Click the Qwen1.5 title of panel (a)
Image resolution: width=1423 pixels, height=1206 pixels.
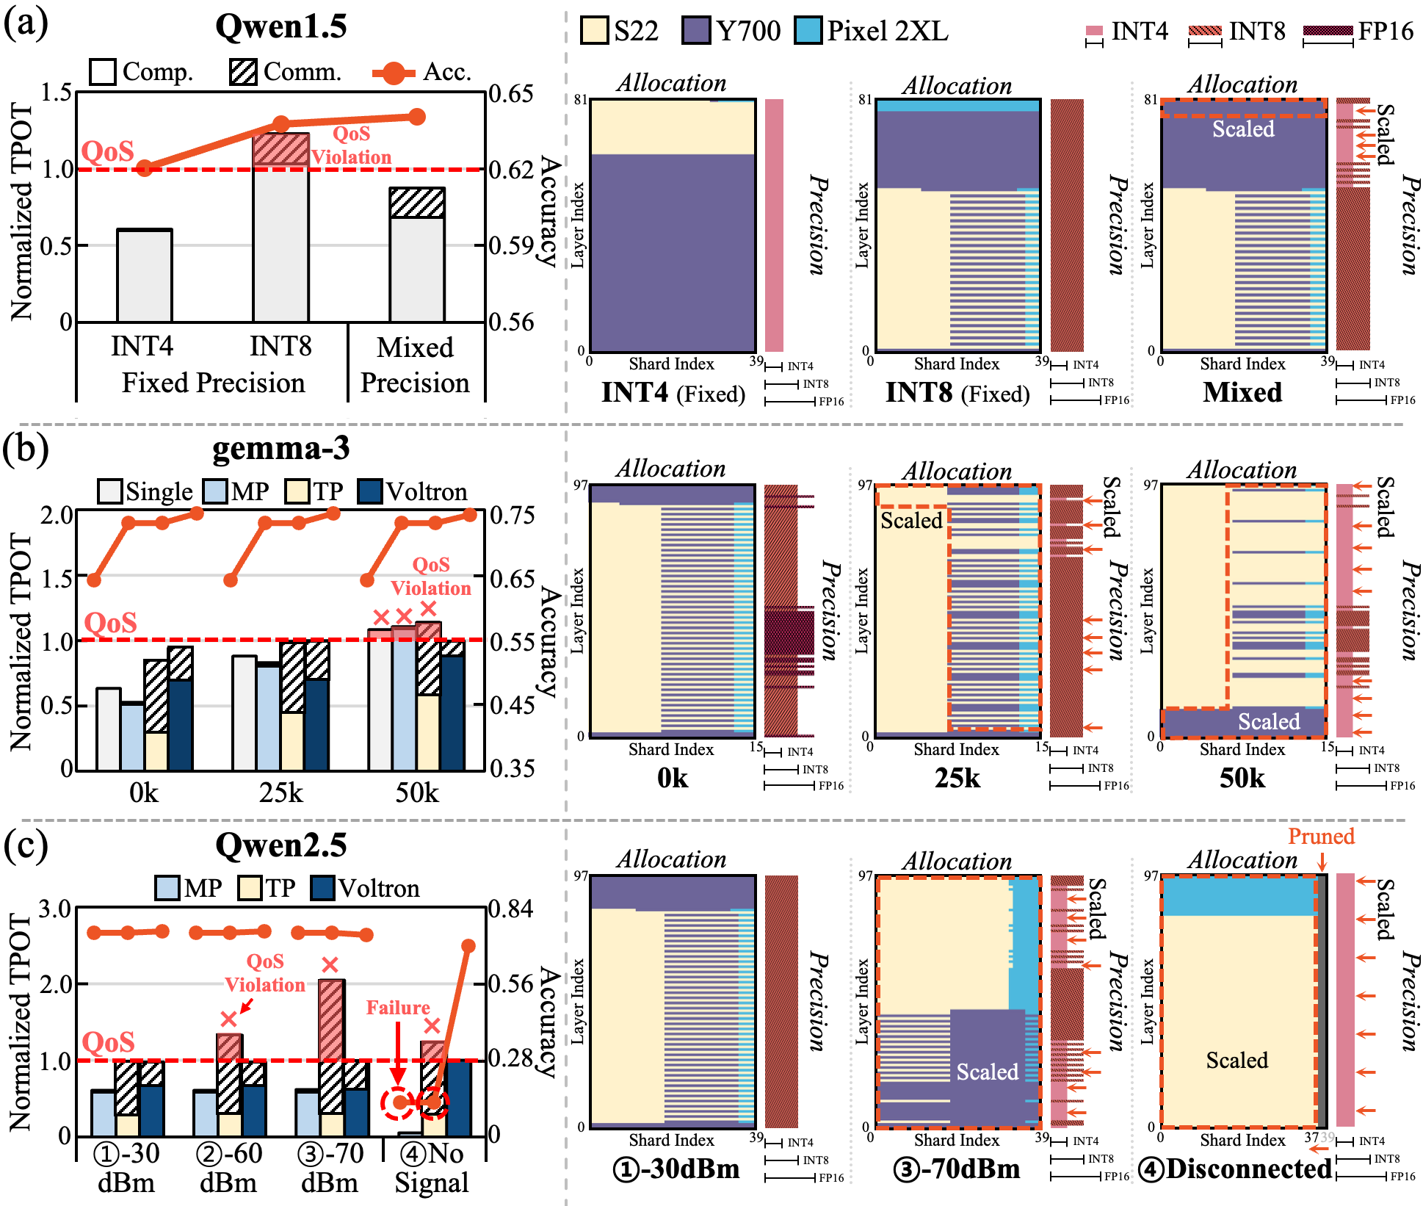point(280,27)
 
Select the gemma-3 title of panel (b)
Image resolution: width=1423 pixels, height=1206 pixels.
point(280,449)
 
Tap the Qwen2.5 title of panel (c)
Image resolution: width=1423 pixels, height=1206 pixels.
point(280,845)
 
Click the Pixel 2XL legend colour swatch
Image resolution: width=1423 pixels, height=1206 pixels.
point(808,31)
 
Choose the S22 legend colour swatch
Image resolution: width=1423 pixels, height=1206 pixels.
point(594,31)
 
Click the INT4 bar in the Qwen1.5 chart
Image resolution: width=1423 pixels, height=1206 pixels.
point(145,275)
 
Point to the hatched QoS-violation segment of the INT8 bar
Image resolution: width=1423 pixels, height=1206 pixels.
point(281,149)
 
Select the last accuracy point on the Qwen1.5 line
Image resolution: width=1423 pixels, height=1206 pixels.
point(417,117)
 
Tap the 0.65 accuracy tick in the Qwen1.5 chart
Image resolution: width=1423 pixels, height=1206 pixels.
point(511,94)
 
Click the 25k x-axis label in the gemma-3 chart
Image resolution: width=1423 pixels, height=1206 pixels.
point(280,793)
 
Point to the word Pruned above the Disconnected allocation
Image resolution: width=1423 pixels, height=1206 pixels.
point(1321,836)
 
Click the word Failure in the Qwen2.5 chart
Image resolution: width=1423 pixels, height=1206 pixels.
point(398,1007)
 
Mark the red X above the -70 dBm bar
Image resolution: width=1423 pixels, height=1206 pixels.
point(330,964)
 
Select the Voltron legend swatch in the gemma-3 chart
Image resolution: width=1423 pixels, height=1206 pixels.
point(370,491)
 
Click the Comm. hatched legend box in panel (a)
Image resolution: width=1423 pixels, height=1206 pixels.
point(243,72)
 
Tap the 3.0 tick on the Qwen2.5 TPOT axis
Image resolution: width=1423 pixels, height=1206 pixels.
point(56,909)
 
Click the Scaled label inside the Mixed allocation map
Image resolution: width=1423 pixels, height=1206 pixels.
point(1243,129)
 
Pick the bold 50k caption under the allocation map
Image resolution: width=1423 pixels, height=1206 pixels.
point(1242,778)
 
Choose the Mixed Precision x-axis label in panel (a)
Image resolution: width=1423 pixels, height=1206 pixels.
point(415,365)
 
